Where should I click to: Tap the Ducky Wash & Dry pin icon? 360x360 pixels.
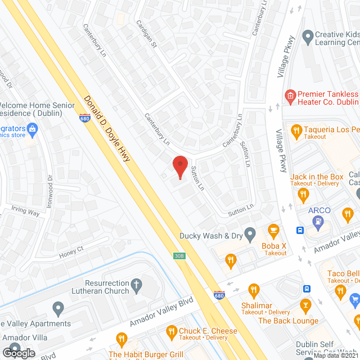[x=251, y=233]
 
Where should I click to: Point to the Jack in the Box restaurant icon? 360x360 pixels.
[x=304, y=195]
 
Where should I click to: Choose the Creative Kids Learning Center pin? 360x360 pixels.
[x=307, y=38]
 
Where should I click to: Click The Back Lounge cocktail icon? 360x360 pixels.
[x=305, y=307]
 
